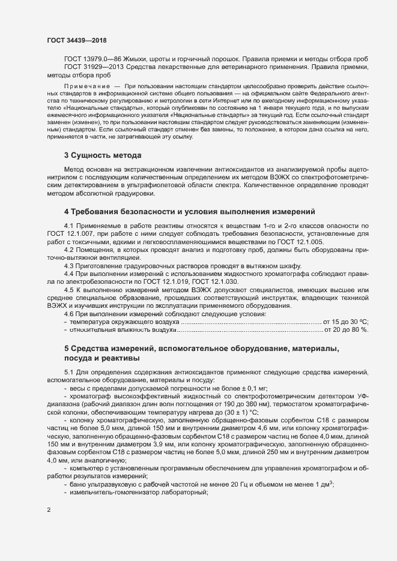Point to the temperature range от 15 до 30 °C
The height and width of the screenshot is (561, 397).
pos(345,322)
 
